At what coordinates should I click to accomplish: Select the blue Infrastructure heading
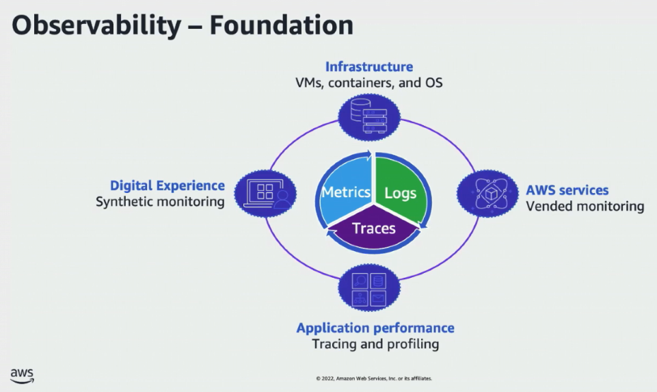368,66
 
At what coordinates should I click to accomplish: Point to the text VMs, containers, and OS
368,83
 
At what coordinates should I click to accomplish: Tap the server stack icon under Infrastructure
369,117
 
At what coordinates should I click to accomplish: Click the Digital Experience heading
167,185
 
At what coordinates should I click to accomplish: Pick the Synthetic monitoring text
160,202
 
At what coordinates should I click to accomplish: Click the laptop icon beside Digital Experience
265,194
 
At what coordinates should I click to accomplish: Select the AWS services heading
567,190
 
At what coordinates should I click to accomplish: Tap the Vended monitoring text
585,206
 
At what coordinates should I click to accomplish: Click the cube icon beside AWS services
487,194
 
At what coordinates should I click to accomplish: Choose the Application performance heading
375,328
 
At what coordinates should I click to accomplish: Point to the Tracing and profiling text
375,344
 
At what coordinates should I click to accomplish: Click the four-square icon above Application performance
369,289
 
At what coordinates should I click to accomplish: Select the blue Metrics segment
346,192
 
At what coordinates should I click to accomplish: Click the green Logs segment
401,192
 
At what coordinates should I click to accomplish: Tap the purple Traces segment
373,229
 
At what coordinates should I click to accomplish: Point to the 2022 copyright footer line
373,378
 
